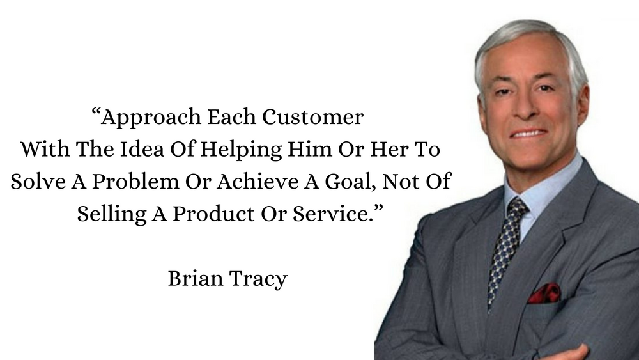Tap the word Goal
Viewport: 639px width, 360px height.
[340, 181]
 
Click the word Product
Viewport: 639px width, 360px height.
[206, 213]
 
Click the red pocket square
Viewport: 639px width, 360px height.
[544, 293]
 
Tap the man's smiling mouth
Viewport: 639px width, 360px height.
[528, 133]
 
